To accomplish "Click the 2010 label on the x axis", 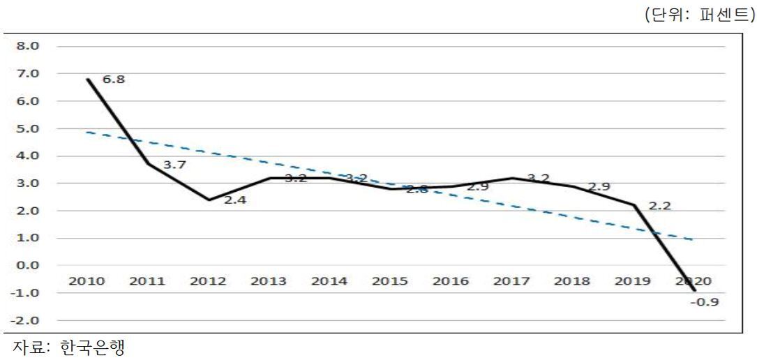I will [x=87, y=281].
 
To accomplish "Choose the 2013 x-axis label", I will [x=269, y=281].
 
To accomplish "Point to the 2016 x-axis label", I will [x=451, y=281].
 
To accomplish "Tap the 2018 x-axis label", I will [x=572, y=281].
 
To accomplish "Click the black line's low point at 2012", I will [x=208, y=200].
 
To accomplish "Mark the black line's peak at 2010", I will [x=87, y=79].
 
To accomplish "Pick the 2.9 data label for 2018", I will [x=599, y=187].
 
